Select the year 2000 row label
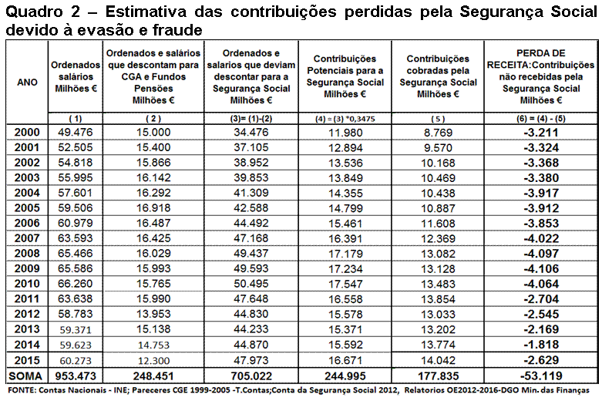[26, 133]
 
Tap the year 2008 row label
[26, 252]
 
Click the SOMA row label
[26, 376]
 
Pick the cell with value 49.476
[75, 133]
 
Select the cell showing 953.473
[75, 376]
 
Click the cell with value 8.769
[438, 133]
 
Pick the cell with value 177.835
[438, 376]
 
